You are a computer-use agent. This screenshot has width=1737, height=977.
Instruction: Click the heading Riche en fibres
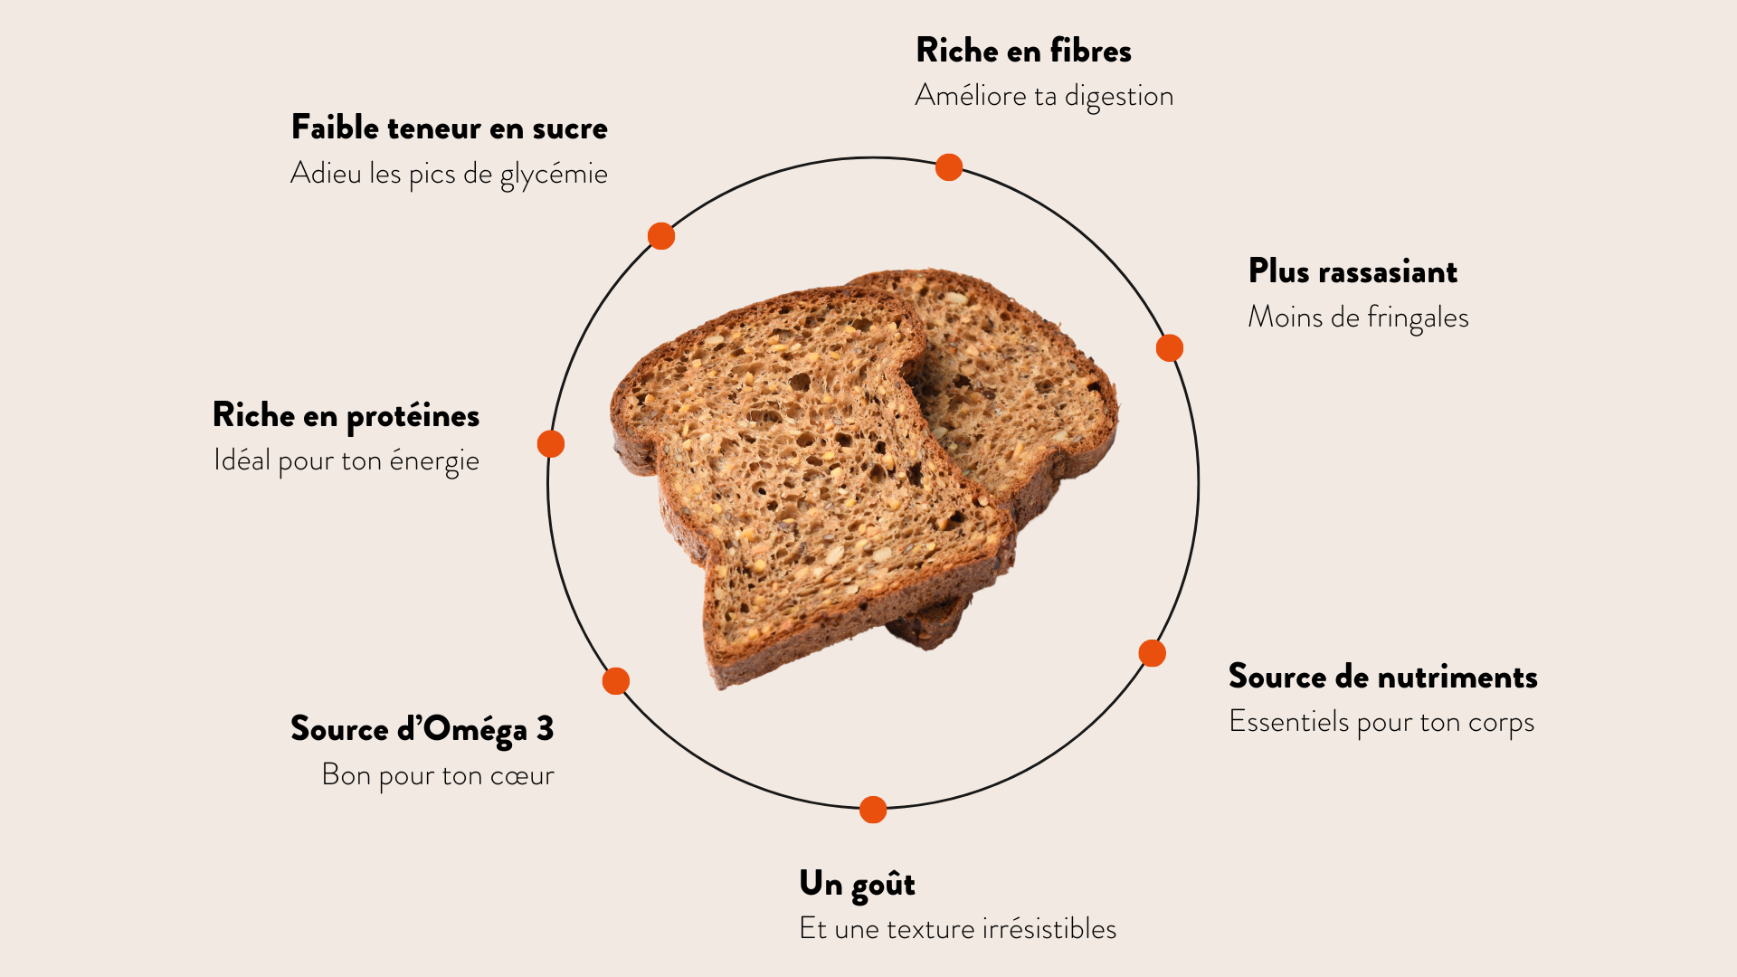coord(1023,51)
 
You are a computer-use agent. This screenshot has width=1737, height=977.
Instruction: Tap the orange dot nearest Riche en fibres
coord(948,167)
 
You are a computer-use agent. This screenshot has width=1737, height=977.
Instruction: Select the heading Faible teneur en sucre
coord(449,128)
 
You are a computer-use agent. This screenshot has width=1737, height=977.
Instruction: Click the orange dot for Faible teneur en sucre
coord(661,236)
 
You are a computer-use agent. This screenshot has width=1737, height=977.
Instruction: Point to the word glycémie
coord(554,174)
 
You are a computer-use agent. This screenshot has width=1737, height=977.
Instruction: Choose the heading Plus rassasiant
coord(1353,271)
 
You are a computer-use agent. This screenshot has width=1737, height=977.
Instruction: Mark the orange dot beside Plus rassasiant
coord(1169,347)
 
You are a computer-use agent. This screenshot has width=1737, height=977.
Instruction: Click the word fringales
coord(1418,318)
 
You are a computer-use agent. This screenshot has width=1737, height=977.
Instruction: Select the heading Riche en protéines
coord(346,415)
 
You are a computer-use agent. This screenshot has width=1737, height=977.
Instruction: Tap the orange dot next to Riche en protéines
coord(551,444)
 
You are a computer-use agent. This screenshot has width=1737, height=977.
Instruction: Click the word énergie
coord(434,460)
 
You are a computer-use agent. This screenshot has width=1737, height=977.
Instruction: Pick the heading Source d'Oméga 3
coord(422,729)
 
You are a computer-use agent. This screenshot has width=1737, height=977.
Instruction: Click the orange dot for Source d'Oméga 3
coord(616,681)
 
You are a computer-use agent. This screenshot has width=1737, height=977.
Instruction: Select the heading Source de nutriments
coord(1382,677)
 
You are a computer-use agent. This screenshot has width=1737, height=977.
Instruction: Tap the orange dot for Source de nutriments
coord(1152,653)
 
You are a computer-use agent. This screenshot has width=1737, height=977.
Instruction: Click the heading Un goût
coord(857,884)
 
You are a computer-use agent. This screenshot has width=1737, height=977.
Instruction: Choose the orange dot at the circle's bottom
coord(873,810)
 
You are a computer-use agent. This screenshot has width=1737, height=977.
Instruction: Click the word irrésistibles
coord(1049,929)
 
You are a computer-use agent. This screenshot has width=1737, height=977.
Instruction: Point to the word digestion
coord(1119,96)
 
